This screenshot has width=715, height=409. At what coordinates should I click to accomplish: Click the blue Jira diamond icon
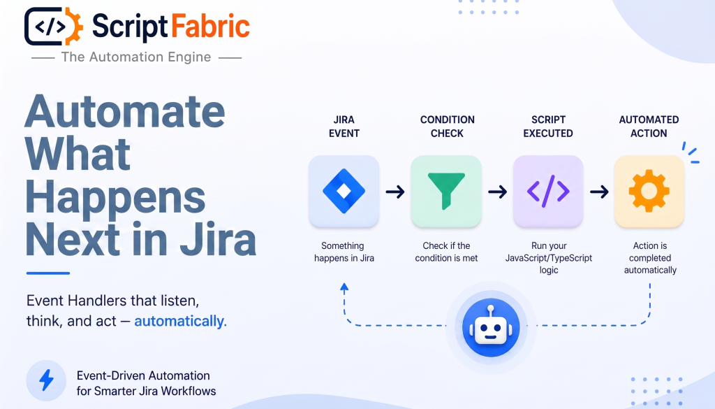pyautogui.click(x=344, y=191)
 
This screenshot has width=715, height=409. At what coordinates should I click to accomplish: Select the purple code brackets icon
pyautogui.click(x=548, y=191)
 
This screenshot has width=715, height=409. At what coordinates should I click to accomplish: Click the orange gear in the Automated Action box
pyautogui.click(x=649, y=191)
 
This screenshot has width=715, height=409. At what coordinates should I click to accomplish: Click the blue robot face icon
pyautogui.click(x=491, y=327)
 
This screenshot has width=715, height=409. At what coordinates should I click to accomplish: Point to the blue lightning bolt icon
pyautogui.click(x=46, y=380)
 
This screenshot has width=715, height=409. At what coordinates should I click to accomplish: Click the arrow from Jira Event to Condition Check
pyautogui.click(x=395, y=192)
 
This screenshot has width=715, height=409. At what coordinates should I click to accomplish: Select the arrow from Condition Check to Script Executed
pyautogui.click(x=497, y=192)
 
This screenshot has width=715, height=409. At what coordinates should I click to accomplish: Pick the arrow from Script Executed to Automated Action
pyautogui.click(x=598, y=192)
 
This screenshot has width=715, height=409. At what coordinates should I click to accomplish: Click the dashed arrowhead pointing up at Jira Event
pyautogui.click(x=344, y=287)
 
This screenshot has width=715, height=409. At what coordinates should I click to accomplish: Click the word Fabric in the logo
pyautogui.click(x=210, y=27)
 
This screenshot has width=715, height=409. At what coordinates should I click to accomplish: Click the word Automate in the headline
pyautogui.click(x=125, y=111)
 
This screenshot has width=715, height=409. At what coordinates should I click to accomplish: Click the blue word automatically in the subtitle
pyautogui.click(x=179, y=321)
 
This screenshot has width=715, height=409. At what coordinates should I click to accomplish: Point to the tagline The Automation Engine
pyautogui.click(x=136, y=57)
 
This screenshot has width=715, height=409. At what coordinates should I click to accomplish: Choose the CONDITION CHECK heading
pyautogui.click(x=448, y=127)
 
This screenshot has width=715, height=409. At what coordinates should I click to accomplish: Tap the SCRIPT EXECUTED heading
pyautogui.click(x=548, y=127)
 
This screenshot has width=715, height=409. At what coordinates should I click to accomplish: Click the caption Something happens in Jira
pyautogui.click(x=344, y=252)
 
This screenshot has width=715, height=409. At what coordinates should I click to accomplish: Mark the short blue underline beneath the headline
pyautogui.click(x=48, y=273)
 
